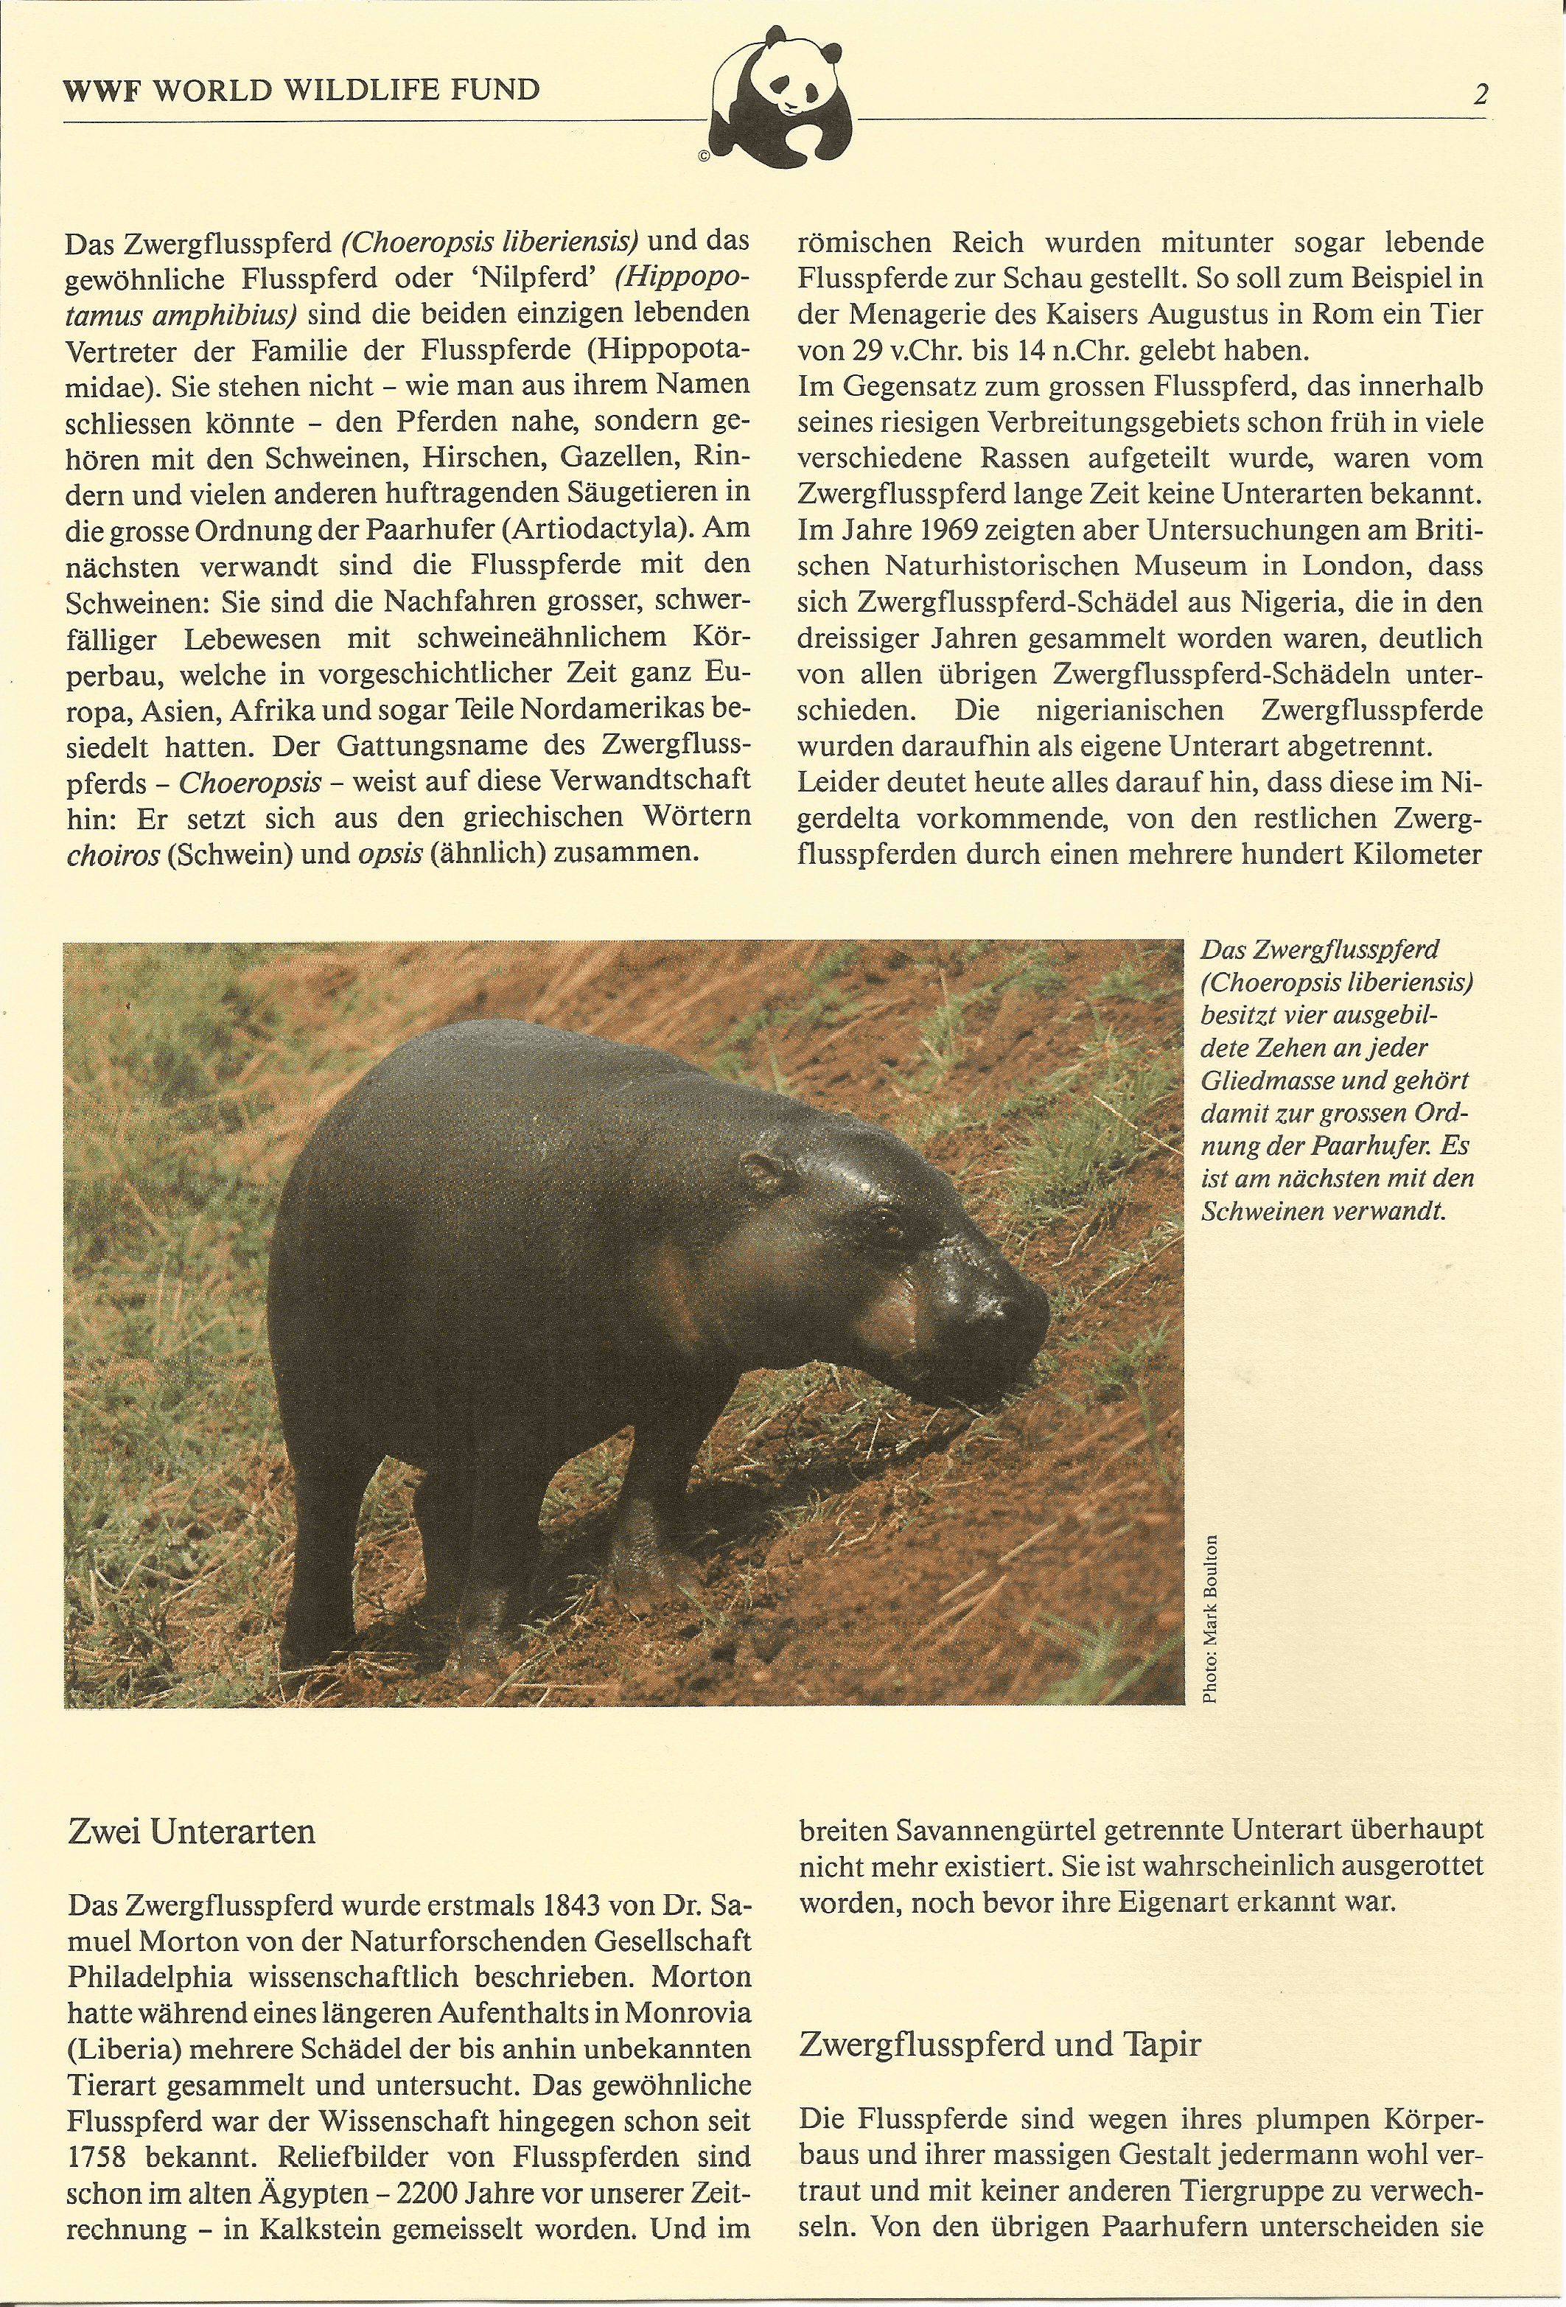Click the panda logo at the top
point(782,97)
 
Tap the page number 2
point(1481,94)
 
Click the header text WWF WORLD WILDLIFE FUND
point(301,91)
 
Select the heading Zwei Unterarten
point(191,1831)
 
